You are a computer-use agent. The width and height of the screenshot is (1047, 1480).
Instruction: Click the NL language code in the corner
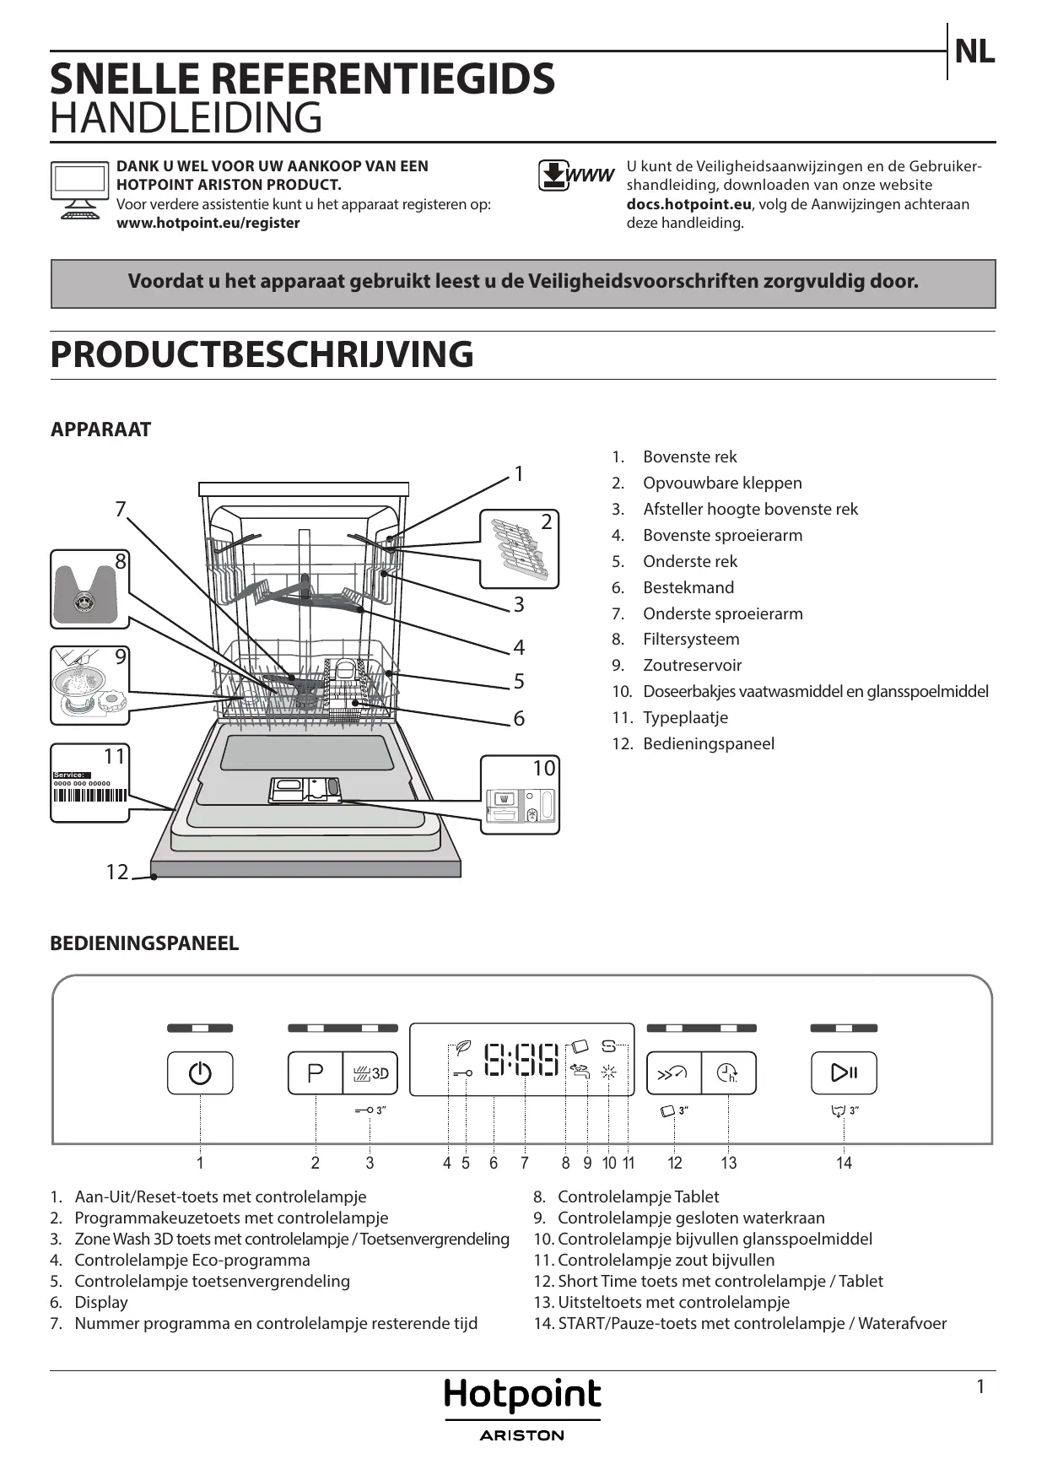(x=974, y=52)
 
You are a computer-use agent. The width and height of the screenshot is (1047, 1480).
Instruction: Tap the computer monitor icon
(x=79, y=189)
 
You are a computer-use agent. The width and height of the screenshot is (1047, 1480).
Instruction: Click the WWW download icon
(x=576, y=176)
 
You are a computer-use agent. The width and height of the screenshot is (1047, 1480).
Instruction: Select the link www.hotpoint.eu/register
(x=208, y=223)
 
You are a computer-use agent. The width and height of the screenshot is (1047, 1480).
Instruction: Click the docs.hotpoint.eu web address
(x=688, y=204)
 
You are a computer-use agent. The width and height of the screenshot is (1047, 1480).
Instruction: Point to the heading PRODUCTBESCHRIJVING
(x=262, y=354)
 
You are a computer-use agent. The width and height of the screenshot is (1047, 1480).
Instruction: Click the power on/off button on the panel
(x=200, y=1072)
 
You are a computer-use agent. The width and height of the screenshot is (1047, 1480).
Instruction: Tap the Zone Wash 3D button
(x=370, y=1072)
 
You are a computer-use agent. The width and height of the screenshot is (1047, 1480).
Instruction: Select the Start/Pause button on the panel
(x=844, y=1072)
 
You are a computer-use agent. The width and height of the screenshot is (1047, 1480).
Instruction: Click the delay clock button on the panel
(x=728, y=1072)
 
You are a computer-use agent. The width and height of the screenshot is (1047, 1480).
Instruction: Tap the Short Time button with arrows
(x=673, y=1072)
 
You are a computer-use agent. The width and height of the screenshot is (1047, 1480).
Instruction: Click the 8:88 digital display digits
(x=521, y=1060)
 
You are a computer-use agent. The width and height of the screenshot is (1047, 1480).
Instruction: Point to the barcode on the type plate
(x=89, y=795)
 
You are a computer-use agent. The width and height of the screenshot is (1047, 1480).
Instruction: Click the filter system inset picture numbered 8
(x=89, y=589)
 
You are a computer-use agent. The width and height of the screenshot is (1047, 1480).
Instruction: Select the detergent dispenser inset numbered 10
(x=520, y=796)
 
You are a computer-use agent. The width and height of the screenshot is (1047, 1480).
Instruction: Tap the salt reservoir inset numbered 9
(x=89, y=685)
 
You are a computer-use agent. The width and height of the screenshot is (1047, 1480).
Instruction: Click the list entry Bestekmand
(x=688, y=587)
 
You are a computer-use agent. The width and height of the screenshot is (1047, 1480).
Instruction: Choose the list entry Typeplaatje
(x=684, y=717)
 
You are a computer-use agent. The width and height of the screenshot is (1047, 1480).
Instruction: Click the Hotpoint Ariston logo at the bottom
(x=522, y=1408)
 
